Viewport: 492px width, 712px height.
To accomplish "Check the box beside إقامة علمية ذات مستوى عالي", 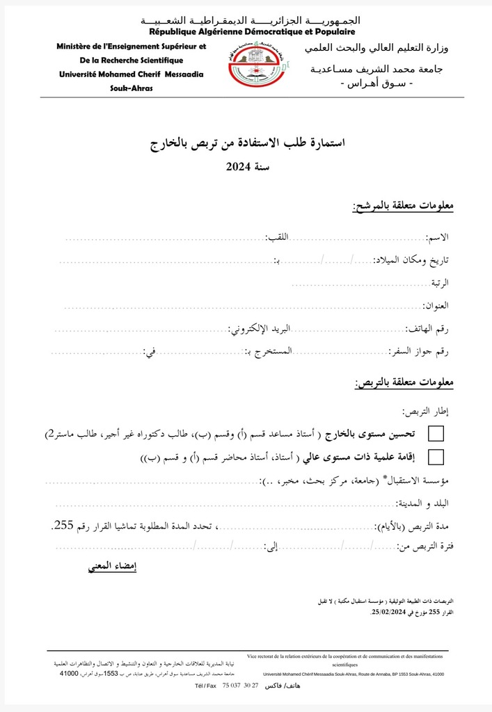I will coord(436,457).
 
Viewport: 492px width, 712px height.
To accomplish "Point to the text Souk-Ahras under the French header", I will coord(131,88).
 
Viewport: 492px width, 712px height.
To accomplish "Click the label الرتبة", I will coord(438,283).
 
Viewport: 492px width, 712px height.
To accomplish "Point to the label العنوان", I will coord(437,305).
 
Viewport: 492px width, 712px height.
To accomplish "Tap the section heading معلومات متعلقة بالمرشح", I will coord(404,207).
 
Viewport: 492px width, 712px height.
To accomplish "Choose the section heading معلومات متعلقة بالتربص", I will coord(404,384).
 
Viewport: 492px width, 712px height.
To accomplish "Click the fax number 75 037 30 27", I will coord(240,686).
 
